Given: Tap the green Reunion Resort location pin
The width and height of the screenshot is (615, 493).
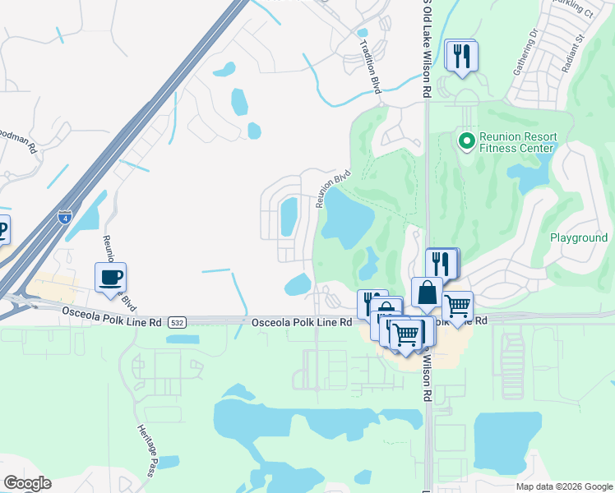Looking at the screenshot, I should pyautogui.click(x=467, y=142).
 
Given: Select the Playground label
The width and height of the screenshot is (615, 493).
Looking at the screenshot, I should pyautogui.click(x=578, y=238).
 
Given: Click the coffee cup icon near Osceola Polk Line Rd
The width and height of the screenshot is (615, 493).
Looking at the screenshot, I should pyautogui.click(x=110, y=277).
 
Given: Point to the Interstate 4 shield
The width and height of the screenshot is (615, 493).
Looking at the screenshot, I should pyautogui.click(x=65, y=218).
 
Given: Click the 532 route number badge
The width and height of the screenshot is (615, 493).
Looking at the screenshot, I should pyautogui.click(x=176, y=323).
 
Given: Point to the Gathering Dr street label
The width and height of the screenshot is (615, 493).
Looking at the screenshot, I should pyautogui.click(x=525, y=54).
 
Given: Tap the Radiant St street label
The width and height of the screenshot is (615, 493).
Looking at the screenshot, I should pyautogui.click(x=572, y=50).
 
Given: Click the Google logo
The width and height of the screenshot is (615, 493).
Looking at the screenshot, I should pyautogui.click(x=27, y=483).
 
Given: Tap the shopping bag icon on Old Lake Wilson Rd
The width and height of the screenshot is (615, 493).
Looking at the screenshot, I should pyautogui.click(x=427, y=293).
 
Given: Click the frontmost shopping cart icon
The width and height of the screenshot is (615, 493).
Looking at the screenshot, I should pyautogui.click(x=406, y=334).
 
